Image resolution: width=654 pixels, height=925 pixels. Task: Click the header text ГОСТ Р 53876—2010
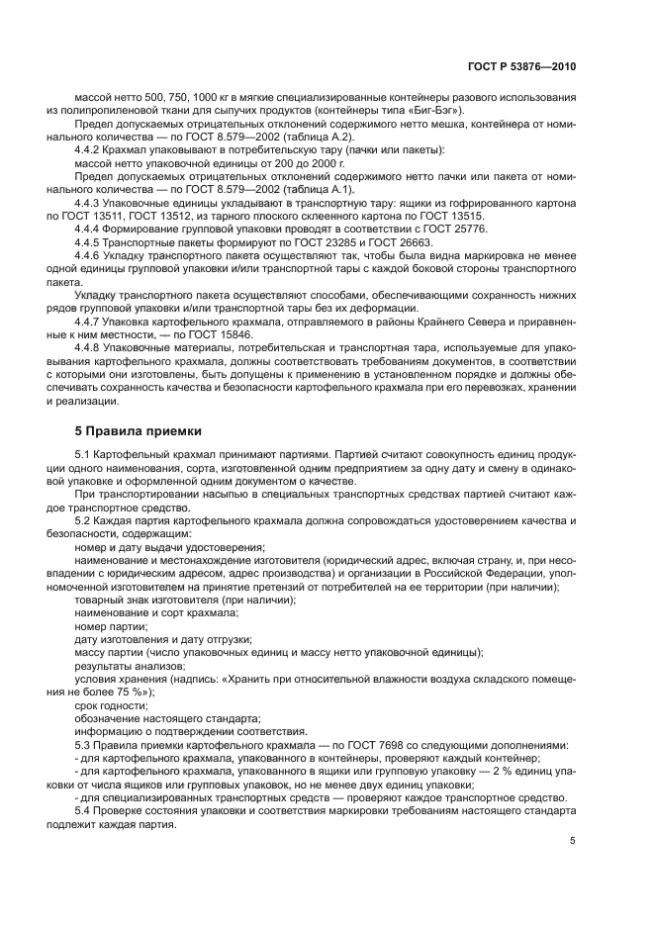[520, 66]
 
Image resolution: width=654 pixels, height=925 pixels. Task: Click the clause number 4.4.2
[93, 149]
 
